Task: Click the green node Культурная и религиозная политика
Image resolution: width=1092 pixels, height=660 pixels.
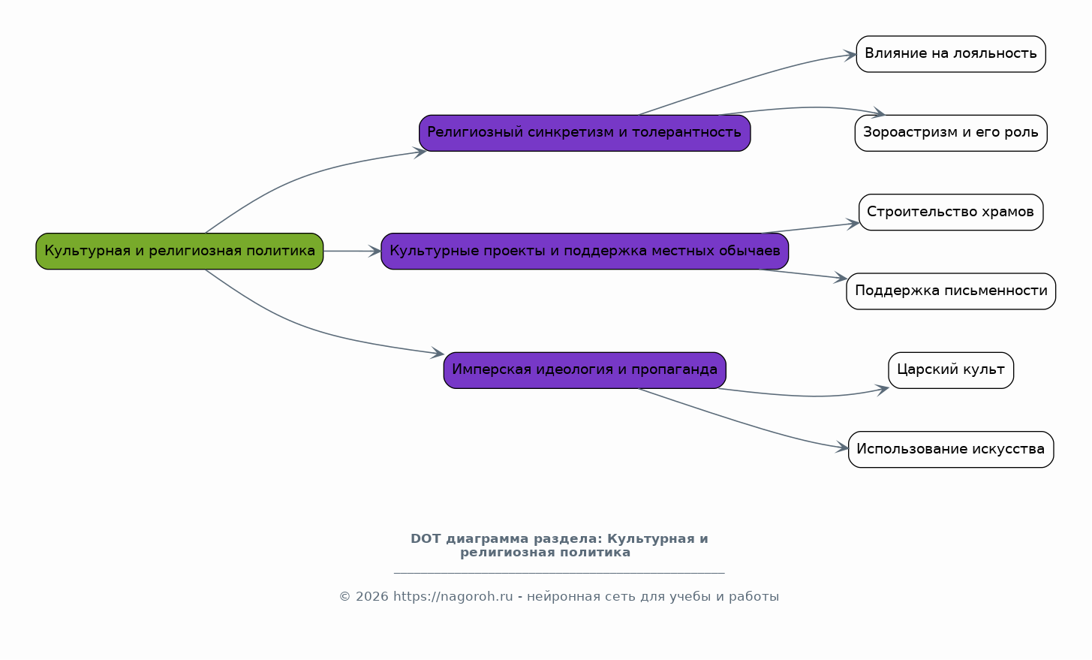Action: pos(179,252)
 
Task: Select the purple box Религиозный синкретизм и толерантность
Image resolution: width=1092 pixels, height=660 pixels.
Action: pos(585,133)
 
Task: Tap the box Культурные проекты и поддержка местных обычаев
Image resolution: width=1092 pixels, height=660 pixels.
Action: pos(585,252)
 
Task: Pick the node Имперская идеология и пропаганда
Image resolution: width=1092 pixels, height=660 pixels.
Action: pos(585,370)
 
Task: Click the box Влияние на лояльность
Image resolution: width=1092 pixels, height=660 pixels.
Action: pos(951,54)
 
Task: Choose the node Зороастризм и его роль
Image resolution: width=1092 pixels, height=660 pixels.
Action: pos(951,133)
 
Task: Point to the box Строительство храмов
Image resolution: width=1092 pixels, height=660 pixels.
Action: pos(951,212)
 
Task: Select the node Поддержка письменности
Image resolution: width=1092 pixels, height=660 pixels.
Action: pos(951,291)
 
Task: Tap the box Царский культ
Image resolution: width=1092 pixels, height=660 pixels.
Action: pos(951,370)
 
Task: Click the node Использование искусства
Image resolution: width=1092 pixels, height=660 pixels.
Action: pos(951,449)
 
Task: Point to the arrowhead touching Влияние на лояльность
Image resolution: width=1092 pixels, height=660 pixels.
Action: pos(850,55)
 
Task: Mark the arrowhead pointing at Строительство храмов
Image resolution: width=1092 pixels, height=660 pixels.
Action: pos(853,224)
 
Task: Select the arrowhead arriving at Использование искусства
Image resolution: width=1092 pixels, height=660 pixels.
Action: pos(842,448)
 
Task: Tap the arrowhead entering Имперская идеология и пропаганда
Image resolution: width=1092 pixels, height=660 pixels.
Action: pos(438,353)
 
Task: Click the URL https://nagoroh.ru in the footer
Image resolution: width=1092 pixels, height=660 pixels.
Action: pos(453,597)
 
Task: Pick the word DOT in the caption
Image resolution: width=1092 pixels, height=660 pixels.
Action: pos(426,539)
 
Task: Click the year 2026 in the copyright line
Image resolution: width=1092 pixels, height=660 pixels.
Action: pos(372,597)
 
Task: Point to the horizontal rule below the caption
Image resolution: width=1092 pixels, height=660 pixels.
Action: pos(559,573)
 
